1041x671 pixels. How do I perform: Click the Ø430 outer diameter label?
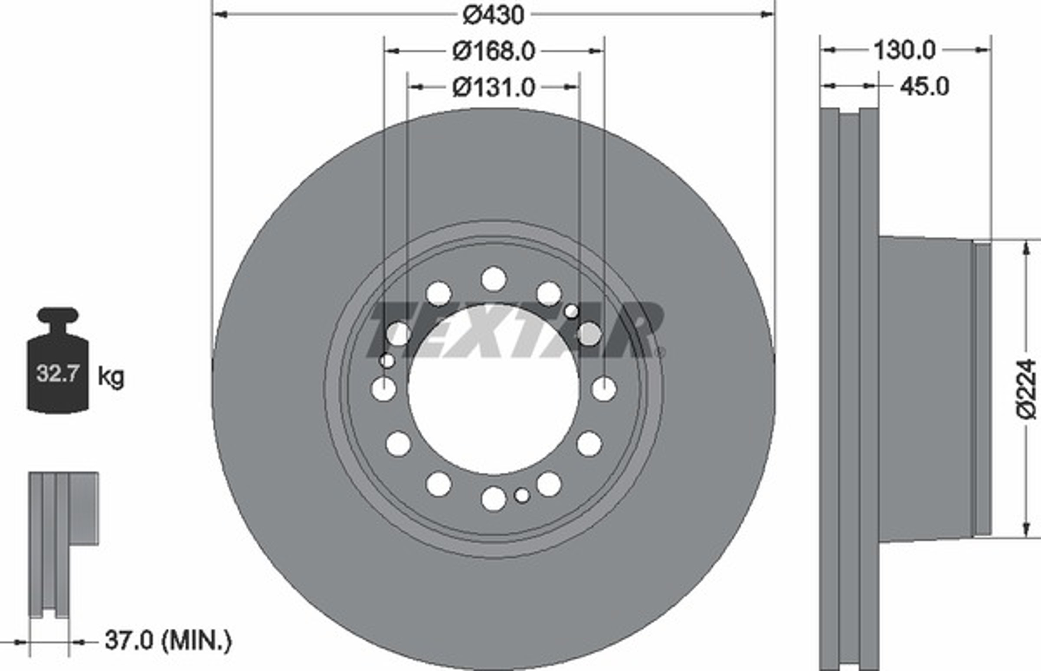pos(493,15)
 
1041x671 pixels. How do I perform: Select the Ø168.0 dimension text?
pos(494,52)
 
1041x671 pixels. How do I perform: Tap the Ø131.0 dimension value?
pos(494,88)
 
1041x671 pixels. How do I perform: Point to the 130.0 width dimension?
pos(904,51)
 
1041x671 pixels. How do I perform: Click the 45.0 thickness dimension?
pos(924,86)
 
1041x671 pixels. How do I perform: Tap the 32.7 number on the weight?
pos(58,373)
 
